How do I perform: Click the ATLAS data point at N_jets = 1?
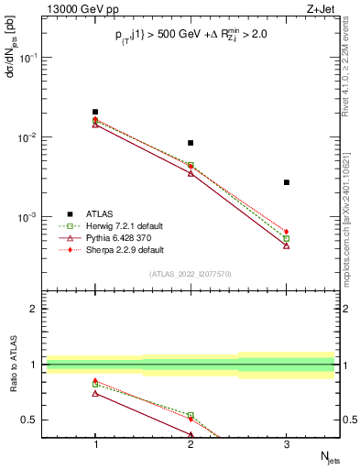tap(95, 112)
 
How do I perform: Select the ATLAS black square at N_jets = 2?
tap(191, 143)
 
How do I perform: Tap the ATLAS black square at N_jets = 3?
tap(287, 182)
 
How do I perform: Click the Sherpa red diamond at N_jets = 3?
tap(287, 232)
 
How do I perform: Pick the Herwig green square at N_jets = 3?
tap(287, 239)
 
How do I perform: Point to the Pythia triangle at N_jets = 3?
tap(287, 245)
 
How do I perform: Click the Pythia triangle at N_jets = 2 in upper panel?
tap(191, 173)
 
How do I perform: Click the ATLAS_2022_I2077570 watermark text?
tap(191, 273)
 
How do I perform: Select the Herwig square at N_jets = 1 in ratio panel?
tap(95, 384)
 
